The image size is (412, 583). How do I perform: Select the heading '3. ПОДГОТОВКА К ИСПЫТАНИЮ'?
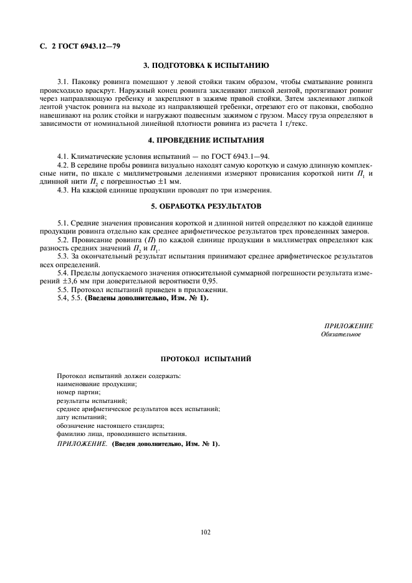click(206, 65)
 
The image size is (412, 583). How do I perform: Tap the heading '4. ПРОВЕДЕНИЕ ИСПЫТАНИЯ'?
click(206, 140)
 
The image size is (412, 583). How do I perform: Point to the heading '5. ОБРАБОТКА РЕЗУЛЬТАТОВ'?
click(206, 206)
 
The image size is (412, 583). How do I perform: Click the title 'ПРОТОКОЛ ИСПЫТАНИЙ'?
click(206, 359)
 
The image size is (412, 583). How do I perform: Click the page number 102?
click(206, 532)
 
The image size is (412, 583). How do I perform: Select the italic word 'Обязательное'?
click(340, 334)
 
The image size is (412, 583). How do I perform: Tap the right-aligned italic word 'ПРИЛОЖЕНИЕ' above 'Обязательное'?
click(348, 326)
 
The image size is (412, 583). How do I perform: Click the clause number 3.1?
click(62, 82)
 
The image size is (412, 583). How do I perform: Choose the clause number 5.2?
click(62, 239)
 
